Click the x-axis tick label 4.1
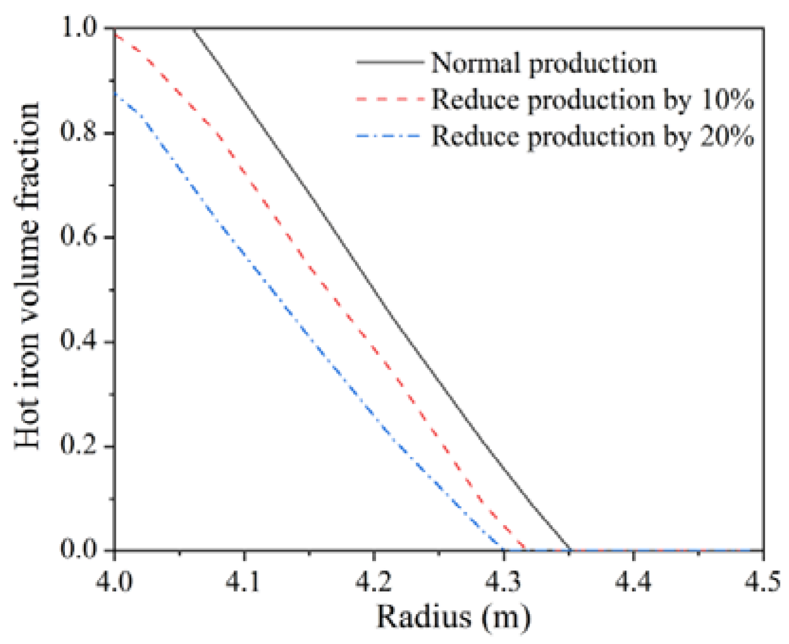[243, 581]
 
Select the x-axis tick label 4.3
[503, 581]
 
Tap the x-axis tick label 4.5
[762, 581]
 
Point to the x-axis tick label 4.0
[114, 581]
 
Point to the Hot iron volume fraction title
[27, 275]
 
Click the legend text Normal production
[544, 63]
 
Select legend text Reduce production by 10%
[592, 100]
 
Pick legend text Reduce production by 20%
[592, 136]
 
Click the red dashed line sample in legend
[389, 99]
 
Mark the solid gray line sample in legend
[389, 62]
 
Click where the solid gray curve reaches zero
[570, 550]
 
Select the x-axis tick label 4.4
[633, 581]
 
